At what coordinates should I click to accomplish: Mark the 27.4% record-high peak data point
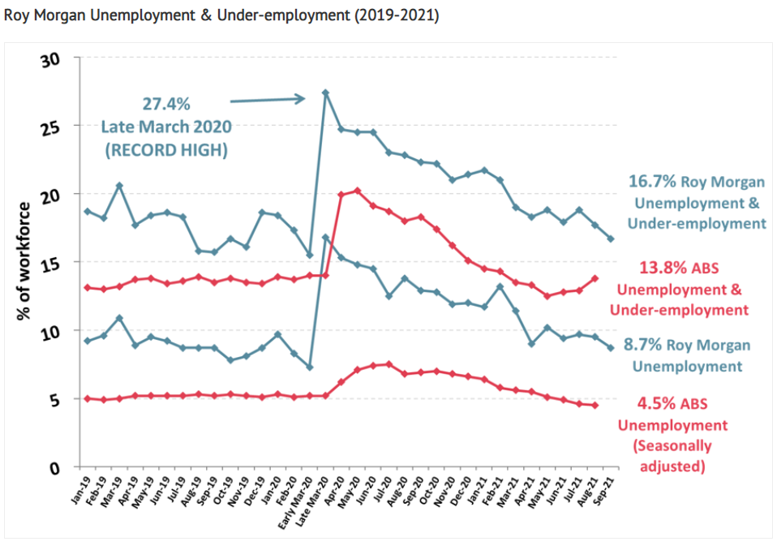coord(325,92)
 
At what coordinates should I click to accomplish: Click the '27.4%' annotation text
coord(166,105)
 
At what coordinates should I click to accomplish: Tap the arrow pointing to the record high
coord(268,100)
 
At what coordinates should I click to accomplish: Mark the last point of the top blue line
coord(611,238)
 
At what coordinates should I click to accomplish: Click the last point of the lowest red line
coord(595,406)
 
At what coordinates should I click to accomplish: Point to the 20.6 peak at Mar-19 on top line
coord(119,186)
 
